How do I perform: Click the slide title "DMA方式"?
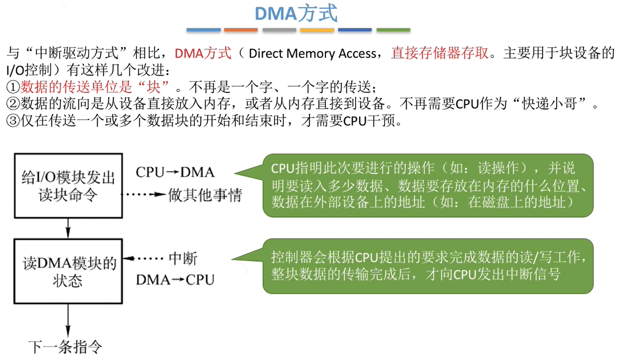tap(296, 14)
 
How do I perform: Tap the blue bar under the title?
tap(204, 30)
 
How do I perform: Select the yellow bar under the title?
tap(317, 30)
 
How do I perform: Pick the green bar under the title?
tap(393, 30)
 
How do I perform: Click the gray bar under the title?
tap(279, 30)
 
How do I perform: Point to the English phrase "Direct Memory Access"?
tap(312, 53)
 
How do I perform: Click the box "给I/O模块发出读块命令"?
tap(68, 186)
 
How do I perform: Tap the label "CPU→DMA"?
tap(175, 172)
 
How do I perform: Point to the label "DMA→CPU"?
tap(175, 280)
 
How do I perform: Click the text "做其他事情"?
tap(205, 195)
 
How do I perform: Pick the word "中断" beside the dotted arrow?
tap(183, 259)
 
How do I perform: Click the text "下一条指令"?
tap(65, 347)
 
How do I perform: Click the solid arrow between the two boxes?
tap(68, 228)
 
